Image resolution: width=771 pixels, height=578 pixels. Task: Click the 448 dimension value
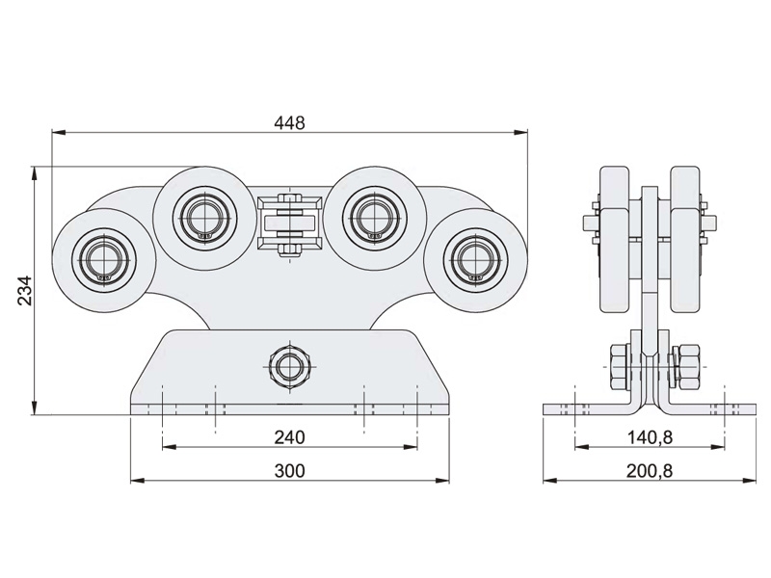click(x=289, y=122)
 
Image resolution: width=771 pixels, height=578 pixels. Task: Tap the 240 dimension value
click(x=289, y=437)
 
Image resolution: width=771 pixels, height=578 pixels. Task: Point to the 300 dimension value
click(x=289, y=470)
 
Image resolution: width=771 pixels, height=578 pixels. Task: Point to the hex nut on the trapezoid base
click(x=289, y=365)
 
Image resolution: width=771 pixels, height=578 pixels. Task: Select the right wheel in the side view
click(x=686, y=241)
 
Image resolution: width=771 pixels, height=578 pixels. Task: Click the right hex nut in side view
click(x=687, y=367)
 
